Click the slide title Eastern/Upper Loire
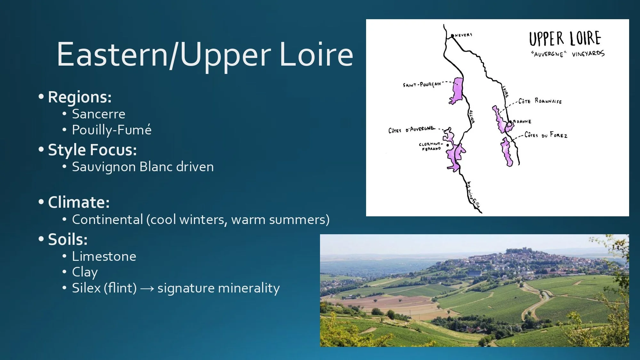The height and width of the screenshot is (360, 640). click(x=205, y=54)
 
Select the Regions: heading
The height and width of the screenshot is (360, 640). click(x=80, y=97)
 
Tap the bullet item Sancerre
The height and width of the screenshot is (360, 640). click(x=99, y=114)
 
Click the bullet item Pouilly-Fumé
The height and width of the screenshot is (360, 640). click(x=112, y=130)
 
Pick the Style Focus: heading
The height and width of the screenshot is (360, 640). click(x=92, y=150)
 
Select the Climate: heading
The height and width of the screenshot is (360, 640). click(x=79, y=202)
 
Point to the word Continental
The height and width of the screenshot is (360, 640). click(x=107, y=220)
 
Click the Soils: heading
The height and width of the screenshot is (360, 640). click(x=68, y=239)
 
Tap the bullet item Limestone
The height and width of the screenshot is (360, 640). click(x=104, y=256)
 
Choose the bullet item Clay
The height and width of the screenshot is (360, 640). click(x=85, y=272)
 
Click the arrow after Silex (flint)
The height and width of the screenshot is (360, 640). click(x=147, y=289)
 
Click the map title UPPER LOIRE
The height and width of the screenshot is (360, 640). click(x=565, y=39)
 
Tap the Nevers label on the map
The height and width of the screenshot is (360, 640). click(x=463, y=35)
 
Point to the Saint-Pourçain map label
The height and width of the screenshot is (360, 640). click(x=422, y=84)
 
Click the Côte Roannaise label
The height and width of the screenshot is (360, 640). click(x=540, y=101)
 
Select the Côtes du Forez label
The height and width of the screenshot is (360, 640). click(x=546, y=135)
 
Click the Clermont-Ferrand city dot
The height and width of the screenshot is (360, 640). click(x=448, y=145)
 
